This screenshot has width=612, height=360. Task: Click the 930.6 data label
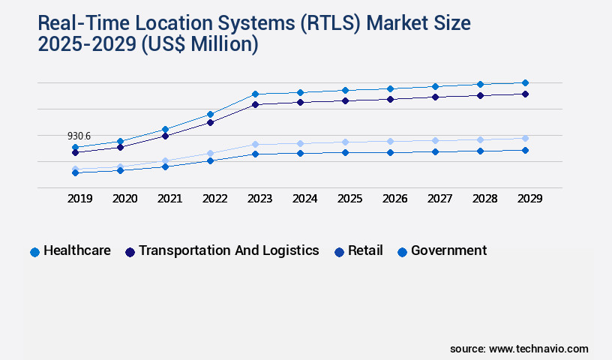tap(79, 136)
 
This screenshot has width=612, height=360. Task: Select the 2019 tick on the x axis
tap(79, 199)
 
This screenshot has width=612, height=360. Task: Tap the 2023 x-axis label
tap(259, 199)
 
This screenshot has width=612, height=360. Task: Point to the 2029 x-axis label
tap(529, 199)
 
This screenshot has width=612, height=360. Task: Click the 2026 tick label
tap(394, 199)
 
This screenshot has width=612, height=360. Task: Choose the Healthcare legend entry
tap(76, 250)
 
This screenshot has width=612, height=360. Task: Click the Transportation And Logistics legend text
tap(229, 250)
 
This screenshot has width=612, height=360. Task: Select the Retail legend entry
tap(365, 250)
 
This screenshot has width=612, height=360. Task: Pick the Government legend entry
tap(448, 250)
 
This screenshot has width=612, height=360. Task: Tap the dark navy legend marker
tap(130, 252)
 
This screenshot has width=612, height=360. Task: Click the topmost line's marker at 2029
tap(525, 82)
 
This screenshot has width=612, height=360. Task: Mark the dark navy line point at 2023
tap(255, 104)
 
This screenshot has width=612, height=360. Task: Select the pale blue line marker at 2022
tap(210, 153)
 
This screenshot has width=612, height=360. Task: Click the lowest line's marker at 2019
tap(75, 172)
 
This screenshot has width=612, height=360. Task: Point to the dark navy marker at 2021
tap(165, 136)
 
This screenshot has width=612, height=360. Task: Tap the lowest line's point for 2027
tap(435, 151)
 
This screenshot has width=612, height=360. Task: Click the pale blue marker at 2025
tap(345, 142)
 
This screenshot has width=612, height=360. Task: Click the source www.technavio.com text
tap(519, 349)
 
